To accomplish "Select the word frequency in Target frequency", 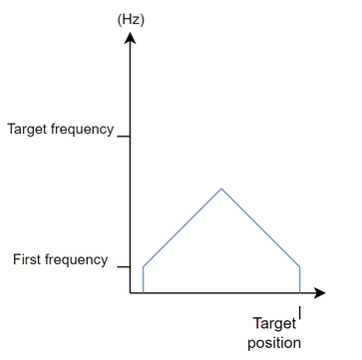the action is click(x=85, y=130).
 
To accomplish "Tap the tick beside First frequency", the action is click(x=123, y=266).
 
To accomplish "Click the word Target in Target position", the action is click(x=273, y=324).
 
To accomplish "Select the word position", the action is click(x=273, y=343).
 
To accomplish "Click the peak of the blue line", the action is click(x=221, y=187).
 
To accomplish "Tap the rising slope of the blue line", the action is click(x=182, y=226).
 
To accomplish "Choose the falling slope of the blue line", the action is click(x=261, y=226).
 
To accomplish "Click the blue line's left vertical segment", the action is click(x=144, y=280).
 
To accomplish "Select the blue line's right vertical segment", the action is click(x=300, y=280).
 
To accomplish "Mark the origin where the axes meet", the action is click(x=129, y=294).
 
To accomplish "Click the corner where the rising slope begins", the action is click(x=144, y=266).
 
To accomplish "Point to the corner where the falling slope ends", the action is click(x=300, y=266).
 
